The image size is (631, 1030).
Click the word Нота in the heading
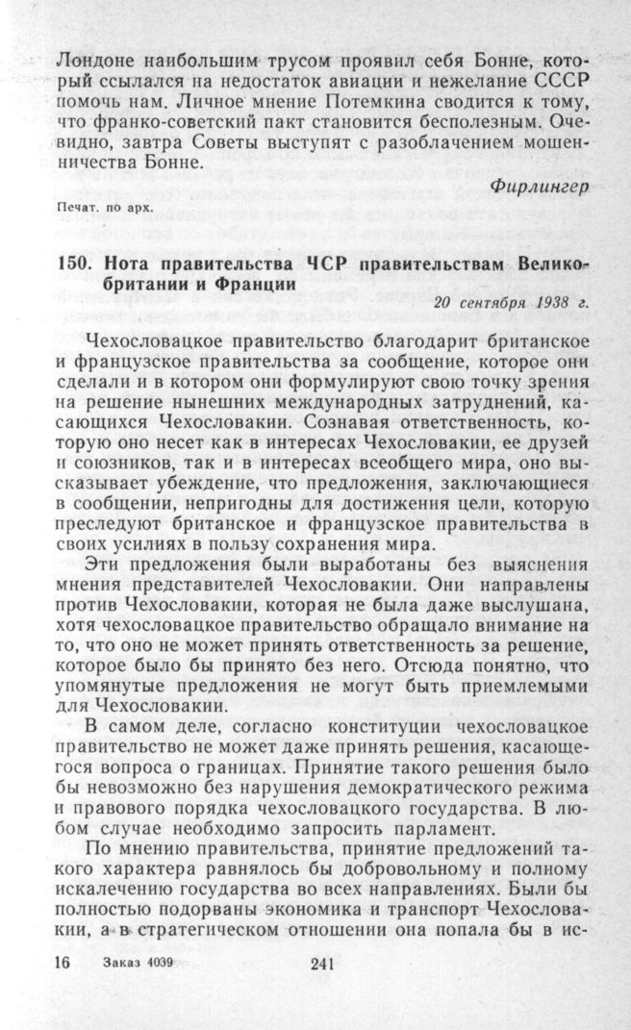[x=115, y=265]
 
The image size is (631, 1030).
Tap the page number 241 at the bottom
[x=322, y=966]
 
